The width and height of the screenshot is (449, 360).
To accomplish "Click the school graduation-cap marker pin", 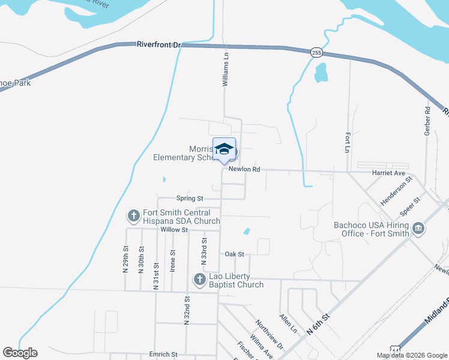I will (x=224, y=151).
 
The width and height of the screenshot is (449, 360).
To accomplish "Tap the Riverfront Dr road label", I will (x=158, y=44).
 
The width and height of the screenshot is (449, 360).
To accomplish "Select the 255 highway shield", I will (x=316, y=53).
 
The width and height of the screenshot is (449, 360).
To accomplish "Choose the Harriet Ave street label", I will (x=391, y=173).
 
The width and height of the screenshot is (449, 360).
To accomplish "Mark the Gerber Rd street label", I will (x=427, y=121).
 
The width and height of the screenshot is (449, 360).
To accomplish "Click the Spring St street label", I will (x=190, y=198).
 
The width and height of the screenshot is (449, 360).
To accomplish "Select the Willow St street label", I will (x=174, y=229).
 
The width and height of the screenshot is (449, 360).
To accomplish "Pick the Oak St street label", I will (x=234, y=254).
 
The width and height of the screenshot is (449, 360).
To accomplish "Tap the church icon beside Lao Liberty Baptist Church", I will (x=199, y=279).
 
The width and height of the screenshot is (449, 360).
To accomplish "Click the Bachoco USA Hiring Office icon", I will (x=418, y=229).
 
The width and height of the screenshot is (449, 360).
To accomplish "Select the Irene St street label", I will (x=172, y=261).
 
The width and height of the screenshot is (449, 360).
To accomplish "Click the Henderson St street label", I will (x=397, y=190).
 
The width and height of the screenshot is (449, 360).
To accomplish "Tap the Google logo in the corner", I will (x=20, y=353).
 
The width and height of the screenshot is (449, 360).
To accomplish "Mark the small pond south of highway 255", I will (x=321, y=73).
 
